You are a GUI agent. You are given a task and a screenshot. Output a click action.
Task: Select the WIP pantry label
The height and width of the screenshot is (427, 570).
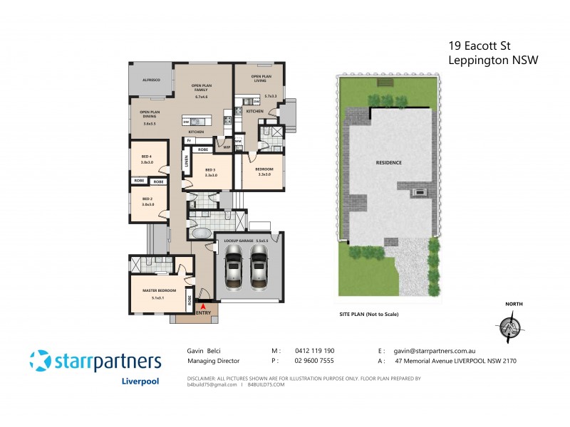[227, 147]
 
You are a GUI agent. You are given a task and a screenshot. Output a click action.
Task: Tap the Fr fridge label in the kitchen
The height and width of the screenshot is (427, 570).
[189, 141]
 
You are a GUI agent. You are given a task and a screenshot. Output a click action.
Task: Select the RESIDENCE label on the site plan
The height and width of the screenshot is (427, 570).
[388, 163]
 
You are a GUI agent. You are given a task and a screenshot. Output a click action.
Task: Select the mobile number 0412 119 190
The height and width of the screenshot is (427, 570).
[314, 351]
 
